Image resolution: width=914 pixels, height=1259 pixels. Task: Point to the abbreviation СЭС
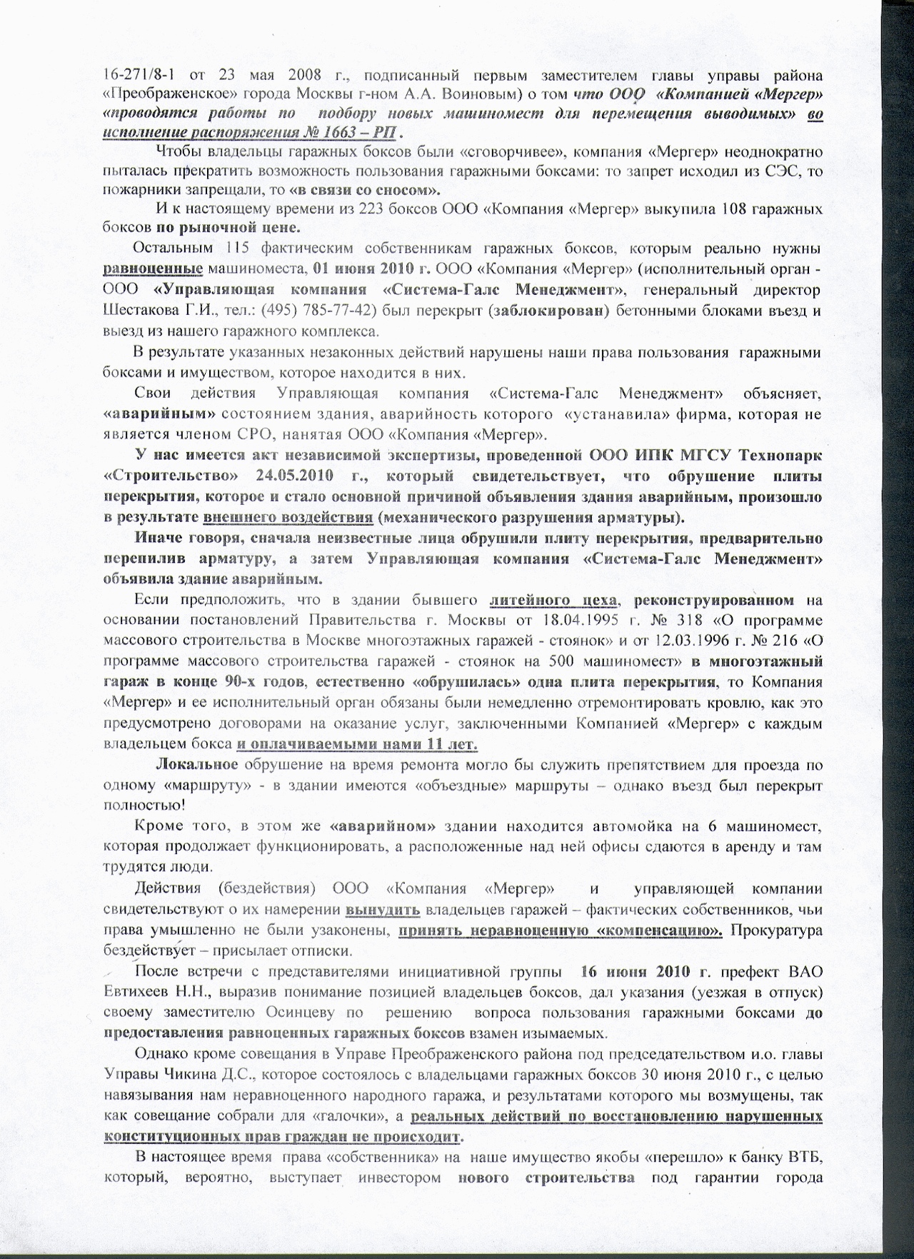click(x=775, y=171)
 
